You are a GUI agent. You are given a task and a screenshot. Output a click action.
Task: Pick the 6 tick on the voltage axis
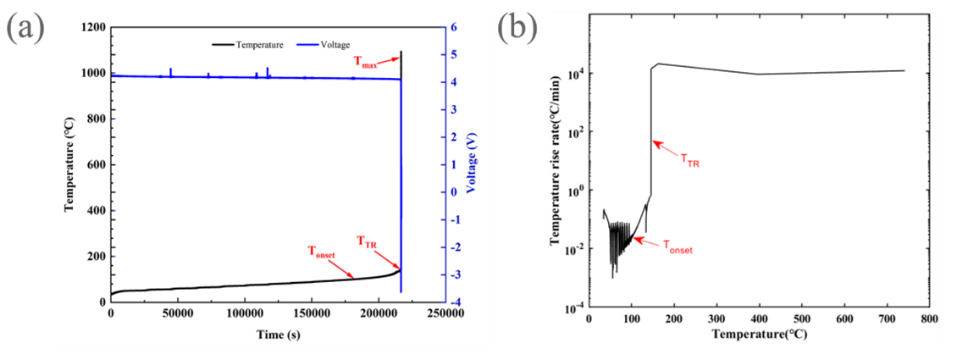click(456, 27)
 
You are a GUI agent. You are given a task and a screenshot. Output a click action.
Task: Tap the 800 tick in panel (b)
click(929, 318)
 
